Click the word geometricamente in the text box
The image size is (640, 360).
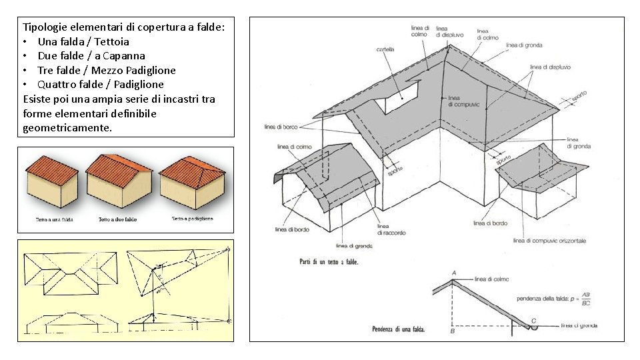[x=67, y=127]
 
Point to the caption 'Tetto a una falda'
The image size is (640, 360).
[x=54, y=219]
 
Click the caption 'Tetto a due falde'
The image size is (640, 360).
[x=117, y=219]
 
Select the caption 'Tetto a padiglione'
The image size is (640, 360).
[x=192, y=219]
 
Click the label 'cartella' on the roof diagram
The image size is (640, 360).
[x=385, y=49]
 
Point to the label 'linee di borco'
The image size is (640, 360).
[x=281, y=127]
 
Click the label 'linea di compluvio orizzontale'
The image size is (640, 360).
[x=550, y=240]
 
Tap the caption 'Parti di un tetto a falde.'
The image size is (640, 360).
[x=329, y=262]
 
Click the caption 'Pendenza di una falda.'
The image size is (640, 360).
[x=398, y=329]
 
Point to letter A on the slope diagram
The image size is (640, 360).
[x=454, y=273]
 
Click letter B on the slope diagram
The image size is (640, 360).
[x=452, y=331]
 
